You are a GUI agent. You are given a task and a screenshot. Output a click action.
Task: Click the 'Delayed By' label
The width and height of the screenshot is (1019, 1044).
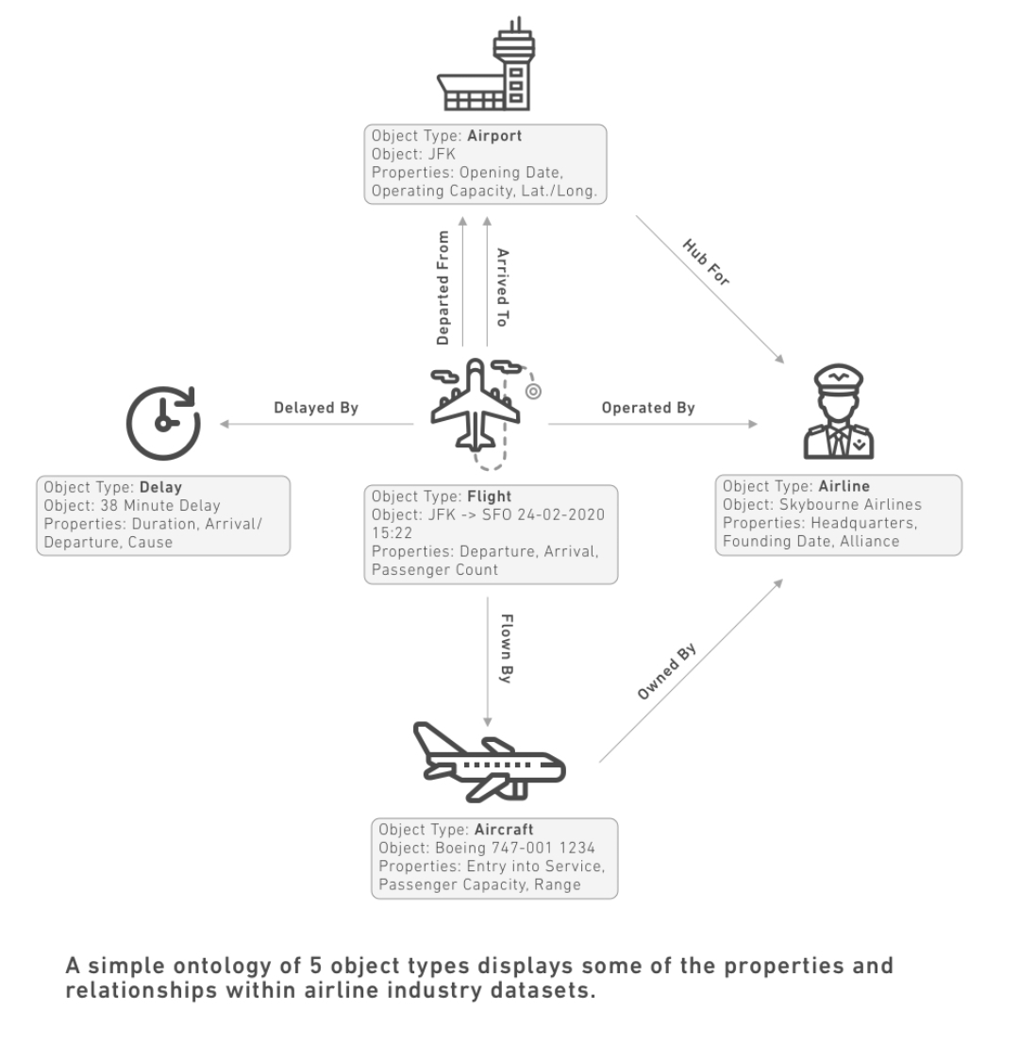coord(316,408)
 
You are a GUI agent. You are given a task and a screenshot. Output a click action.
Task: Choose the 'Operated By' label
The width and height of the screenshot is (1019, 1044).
coord(647,408)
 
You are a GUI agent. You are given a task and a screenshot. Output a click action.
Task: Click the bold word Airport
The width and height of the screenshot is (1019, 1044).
coord(494,136)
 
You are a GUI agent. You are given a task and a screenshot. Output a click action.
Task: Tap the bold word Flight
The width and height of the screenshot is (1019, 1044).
coord(491,497)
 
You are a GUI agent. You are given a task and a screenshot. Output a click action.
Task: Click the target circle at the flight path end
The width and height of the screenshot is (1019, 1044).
coord(533,390)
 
